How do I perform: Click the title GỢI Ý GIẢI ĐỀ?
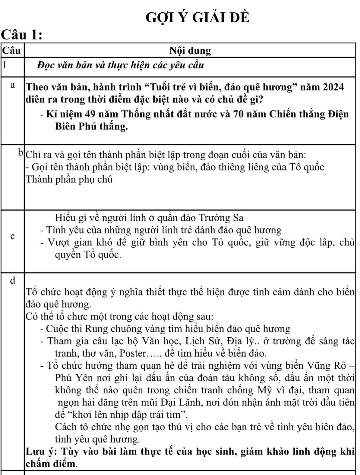(x=197, y=18)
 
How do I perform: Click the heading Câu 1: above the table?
(x=21, y=36)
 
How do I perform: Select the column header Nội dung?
(x=190, y=51)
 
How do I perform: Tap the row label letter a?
(x=12, y=86)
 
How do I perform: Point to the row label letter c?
(x=12, y=237)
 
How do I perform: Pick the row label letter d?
(x=12, y=280)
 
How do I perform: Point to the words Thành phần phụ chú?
(x=69, y=180)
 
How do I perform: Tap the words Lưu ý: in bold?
(x=42, y=452)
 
